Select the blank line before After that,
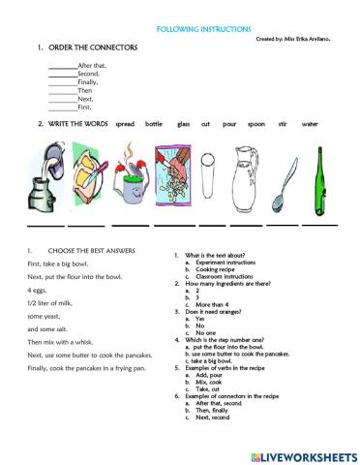pyautogui.click(x=62, y=64)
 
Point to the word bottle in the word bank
pyautogui.click(x=154, y=124)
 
